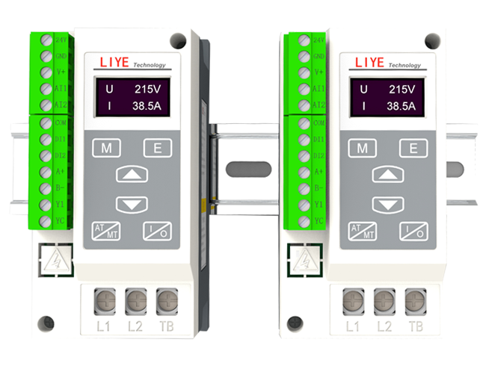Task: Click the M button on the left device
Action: click(107, 148)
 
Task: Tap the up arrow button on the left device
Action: click(132, 176)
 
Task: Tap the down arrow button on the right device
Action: click(387, 204)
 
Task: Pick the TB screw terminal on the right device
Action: click(414, 300)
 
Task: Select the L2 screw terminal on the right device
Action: click(384, 300)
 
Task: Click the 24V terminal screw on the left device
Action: click(46, 40)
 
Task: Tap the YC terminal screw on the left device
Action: click(46, 220)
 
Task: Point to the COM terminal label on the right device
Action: click(319, 122)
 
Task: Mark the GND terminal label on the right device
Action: click(319, 56)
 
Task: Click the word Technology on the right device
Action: click(404, 65)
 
